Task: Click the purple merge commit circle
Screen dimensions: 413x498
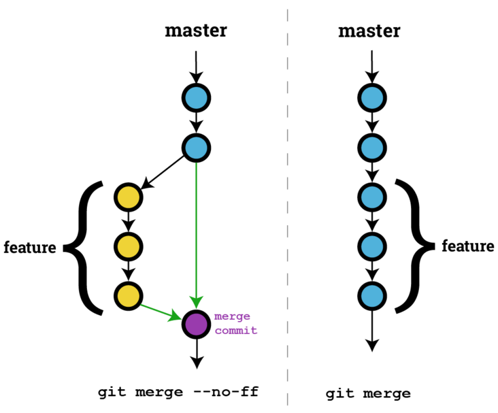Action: pos(196,323)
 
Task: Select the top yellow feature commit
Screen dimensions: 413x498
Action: pos(128,197)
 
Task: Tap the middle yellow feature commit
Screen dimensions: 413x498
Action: pos(128,246)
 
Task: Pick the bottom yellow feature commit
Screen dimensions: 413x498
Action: pos(128,296)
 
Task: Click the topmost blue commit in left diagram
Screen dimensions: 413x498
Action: pos(196,98)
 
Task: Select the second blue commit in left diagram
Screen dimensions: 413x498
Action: pos(196,147)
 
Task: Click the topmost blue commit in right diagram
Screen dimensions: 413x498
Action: pos(371,98)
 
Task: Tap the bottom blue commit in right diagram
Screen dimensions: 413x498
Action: pos(371,296)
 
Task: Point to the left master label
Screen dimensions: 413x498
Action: pos(196,31)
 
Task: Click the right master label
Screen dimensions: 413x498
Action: pos(369,31)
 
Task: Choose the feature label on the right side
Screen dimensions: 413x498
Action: pos(468,246)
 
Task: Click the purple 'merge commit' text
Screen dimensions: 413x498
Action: pos(235,323)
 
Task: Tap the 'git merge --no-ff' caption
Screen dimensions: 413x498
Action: pos(178,392)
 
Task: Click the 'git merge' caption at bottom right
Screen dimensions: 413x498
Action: pos(368,393)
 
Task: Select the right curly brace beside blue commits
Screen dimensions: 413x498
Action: pos(414,246)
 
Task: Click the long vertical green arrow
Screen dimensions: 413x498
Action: pos(196,231)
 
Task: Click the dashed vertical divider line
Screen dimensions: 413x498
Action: pos(288,204)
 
